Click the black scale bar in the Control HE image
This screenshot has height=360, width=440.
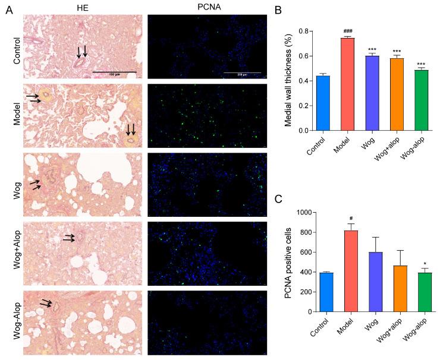(x=114, y=72)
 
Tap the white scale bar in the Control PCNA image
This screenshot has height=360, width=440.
(x=242, y=72)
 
